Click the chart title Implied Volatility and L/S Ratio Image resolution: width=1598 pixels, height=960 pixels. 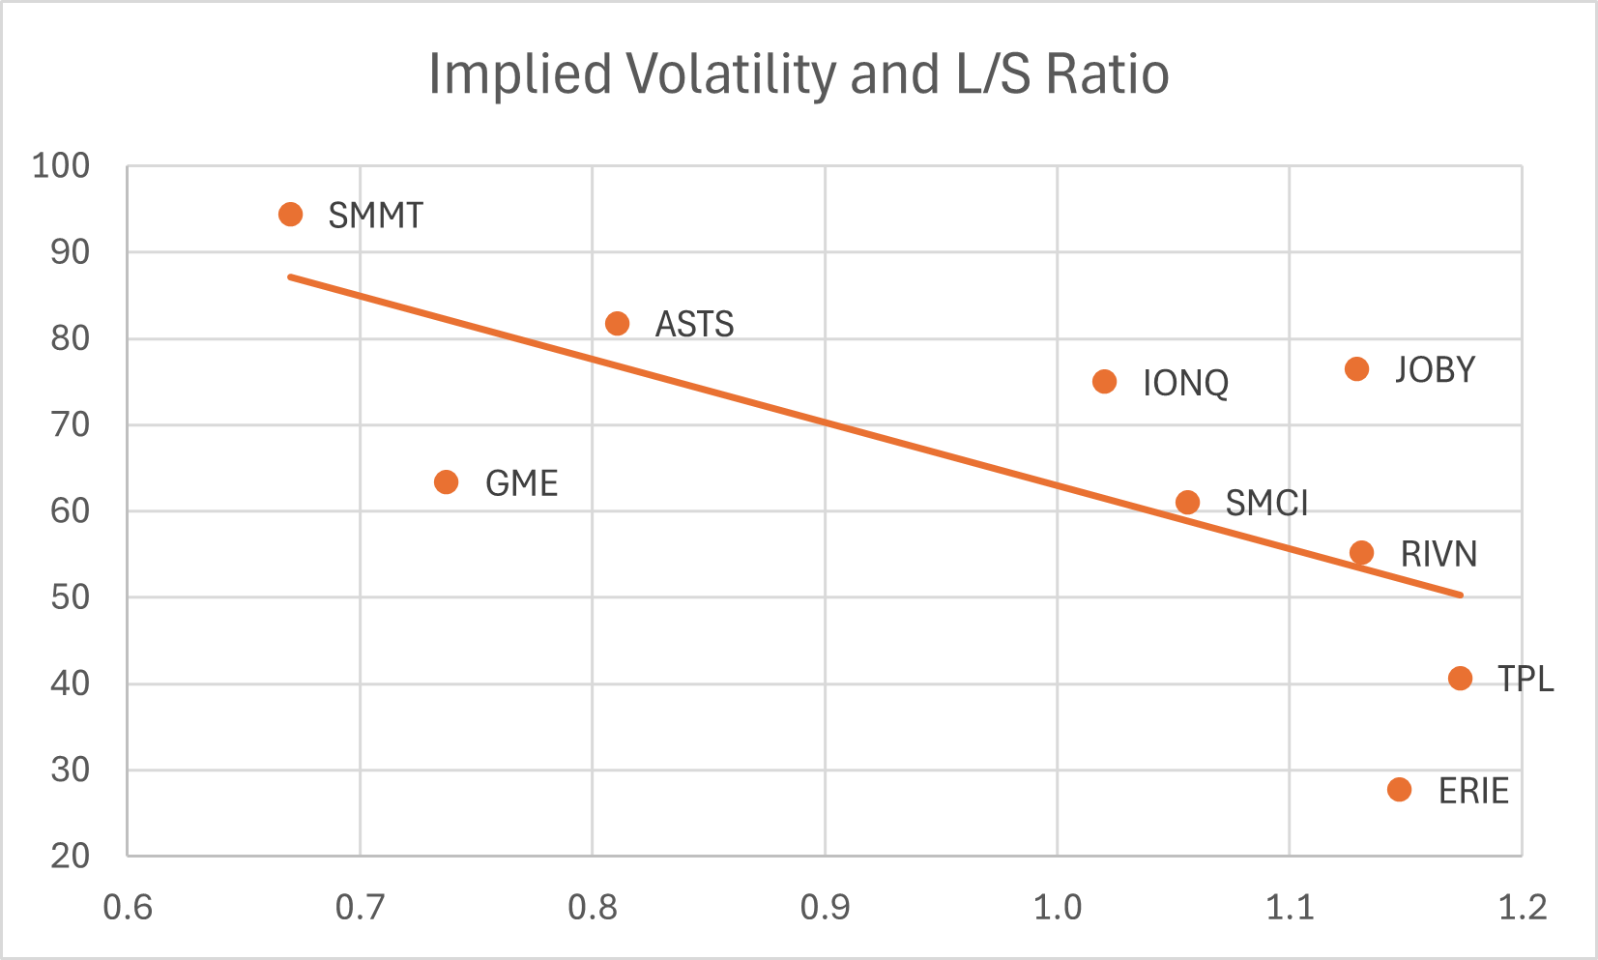[x=799, y=74]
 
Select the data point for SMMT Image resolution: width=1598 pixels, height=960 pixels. [x=291, y=214]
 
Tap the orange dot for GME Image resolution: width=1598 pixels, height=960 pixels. [x=446, y=481]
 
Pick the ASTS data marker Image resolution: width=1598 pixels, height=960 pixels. [x=617, y=323]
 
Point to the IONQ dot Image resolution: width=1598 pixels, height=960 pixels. [x=1104, y=382]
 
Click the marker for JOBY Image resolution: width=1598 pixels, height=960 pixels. [x=1356, y=368]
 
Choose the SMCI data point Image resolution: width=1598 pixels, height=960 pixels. [x=1187, y=502]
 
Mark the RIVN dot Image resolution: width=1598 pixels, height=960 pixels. [x=1361, y=552]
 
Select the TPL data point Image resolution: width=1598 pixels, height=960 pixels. [x=1460, y=679]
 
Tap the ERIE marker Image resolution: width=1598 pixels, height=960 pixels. [x=1399, y=790]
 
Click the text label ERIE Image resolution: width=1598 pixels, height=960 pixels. [x=1473, y=791]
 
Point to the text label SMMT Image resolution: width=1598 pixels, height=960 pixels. [x=375, y=216]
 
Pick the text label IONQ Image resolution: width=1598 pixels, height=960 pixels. [x=1185, y=384]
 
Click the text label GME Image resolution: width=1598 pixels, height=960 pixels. [x=521, y=483]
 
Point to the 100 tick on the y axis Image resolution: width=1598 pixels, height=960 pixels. [x=61, y=166]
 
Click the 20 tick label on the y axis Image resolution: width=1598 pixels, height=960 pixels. [x=70, y=856]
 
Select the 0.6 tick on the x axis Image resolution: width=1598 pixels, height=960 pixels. [x=128, y=908]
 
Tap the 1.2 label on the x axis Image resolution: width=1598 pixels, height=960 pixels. [x=1523, y=908]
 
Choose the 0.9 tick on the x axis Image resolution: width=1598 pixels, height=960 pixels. [x=825, y=908]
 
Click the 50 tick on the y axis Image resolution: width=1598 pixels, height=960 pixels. [x=70, y=597]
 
